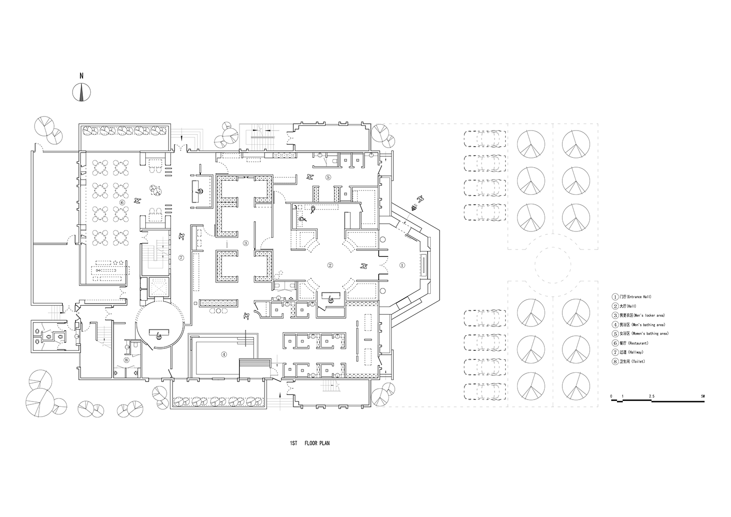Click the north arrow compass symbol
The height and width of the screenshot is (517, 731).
click(x=81, y=91)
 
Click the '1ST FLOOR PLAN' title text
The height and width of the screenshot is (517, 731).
click(x=309, y=444)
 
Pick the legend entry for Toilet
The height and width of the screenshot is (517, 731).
click(x=629, y=362)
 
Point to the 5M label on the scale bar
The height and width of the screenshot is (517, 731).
click(x=702, y=396)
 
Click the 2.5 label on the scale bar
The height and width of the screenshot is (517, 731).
click(x=652, y=396)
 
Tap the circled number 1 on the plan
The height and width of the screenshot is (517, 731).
click(x=402, y=266)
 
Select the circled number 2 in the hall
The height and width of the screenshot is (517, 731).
click(x=330, y=266)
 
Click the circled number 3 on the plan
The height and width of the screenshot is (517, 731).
click(x=246, y=243)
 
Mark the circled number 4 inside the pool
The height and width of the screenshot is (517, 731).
click(x=224, y=354)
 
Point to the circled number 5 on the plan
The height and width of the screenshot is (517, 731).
click(x=328, y=177)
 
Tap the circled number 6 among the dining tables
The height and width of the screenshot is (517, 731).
click(x=122, y=202)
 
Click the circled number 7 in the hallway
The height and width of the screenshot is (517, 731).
click(x=181, y=257)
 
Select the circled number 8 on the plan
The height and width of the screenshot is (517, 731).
click(x=127, y=360)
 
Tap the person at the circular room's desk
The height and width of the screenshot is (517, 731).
click(x=158, y=335)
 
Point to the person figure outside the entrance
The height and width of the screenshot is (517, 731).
click(x=419, y=198)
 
